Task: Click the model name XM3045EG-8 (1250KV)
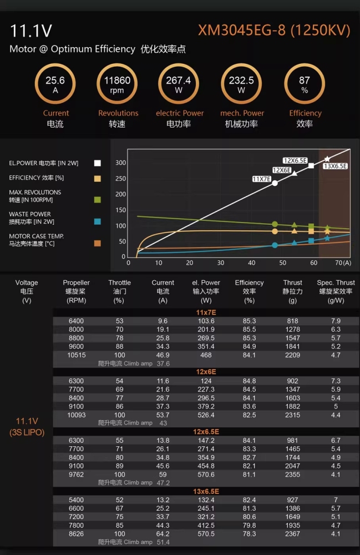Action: (274, 31)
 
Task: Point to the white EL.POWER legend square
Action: (97, 163)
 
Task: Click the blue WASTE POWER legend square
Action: (97, 221)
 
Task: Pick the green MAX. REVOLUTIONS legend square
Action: (97, 200)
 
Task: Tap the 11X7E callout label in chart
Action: (262, 179)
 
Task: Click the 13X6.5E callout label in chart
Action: (335, 166)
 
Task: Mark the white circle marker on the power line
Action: (275, 183)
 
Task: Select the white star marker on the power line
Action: (327, 159)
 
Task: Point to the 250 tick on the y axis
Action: (120, 179)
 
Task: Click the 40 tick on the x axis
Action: (251, 263)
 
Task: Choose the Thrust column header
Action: (292, 291)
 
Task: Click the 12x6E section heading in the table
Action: (206, 372)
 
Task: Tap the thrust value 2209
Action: (292, 355)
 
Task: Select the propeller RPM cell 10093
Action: (77, 415)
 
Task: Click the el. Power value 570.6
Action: (206, 475)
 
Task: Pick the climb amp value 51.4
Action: (163, 542)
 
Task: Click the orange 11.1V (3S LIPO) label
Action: (27, 426)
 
